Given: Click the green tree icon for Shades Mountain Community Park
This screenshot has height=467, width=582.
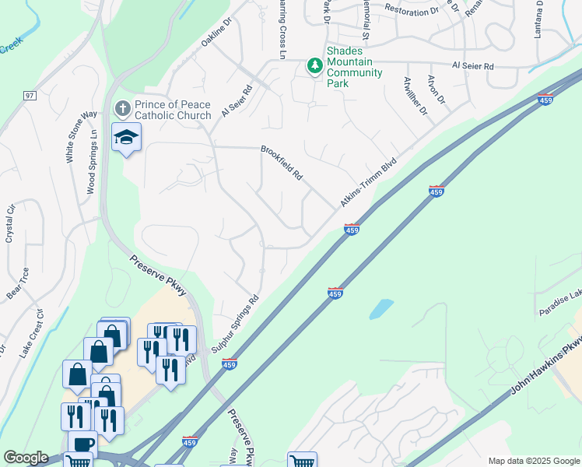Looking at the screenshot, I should click(x=315, y=66).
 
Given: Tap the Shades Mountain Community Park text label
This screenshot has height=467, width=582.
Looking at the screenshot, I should click(x=354, y=67).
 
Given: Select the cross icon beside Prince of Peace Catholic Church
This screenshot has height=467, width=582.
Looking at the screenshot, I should click(x=121, y=107).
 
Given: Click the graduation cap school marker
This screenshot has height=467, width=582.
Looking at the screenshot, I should click(x=126, y=138).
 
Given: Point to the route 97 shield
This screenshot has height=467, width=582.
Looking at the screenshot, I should click(x=30, y=96).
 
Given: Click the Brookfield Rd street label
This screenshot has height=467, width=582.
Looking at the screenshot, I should click(x=281, y=163).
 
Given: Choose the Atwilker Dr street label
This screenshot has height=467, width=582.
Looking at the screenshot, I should click(x=415, y=96).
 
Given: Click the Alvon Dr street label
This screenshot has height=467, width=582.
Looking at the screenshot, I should click(x=436, y=90).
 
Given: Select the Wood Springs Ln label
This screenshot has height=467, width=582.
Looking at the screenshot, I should click(x=92, y=161).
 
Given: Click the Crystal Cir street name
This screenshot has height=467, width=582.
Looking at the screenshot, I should click(x=11, y=223).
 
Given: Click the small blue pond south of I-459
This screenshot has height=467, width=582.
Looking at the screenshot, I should click(x=381, y=308).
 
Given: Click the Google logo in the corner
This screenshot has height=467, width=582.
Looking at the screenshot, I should click(x=26, y=458).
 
